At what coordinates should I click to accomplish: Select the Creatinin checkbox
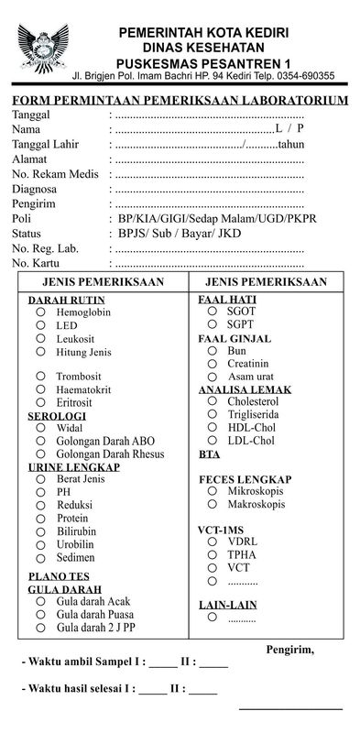(x=213, y=364)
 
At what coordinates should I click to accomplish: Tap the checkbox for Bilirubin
(x=40, y=531)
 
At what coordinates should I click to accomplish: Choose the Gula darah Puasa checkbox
(x=40, y=614)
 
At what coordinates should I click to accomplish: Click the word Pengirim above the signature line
(x=289, y=650)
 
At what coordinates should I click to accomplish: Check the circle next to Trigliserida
(x=213, y=414)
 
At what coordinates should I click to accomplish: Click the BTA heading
(x=209, y=454)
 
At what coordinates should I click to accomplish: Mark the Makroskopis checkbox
(x=213, y=505)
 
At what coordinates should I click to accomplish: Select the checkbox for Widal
(x=40, y=428)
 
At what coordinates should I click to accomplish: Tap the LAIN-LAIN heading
(x=228, y=605)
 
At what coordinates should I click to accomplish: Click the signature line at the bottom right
(x=290, y=708)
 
